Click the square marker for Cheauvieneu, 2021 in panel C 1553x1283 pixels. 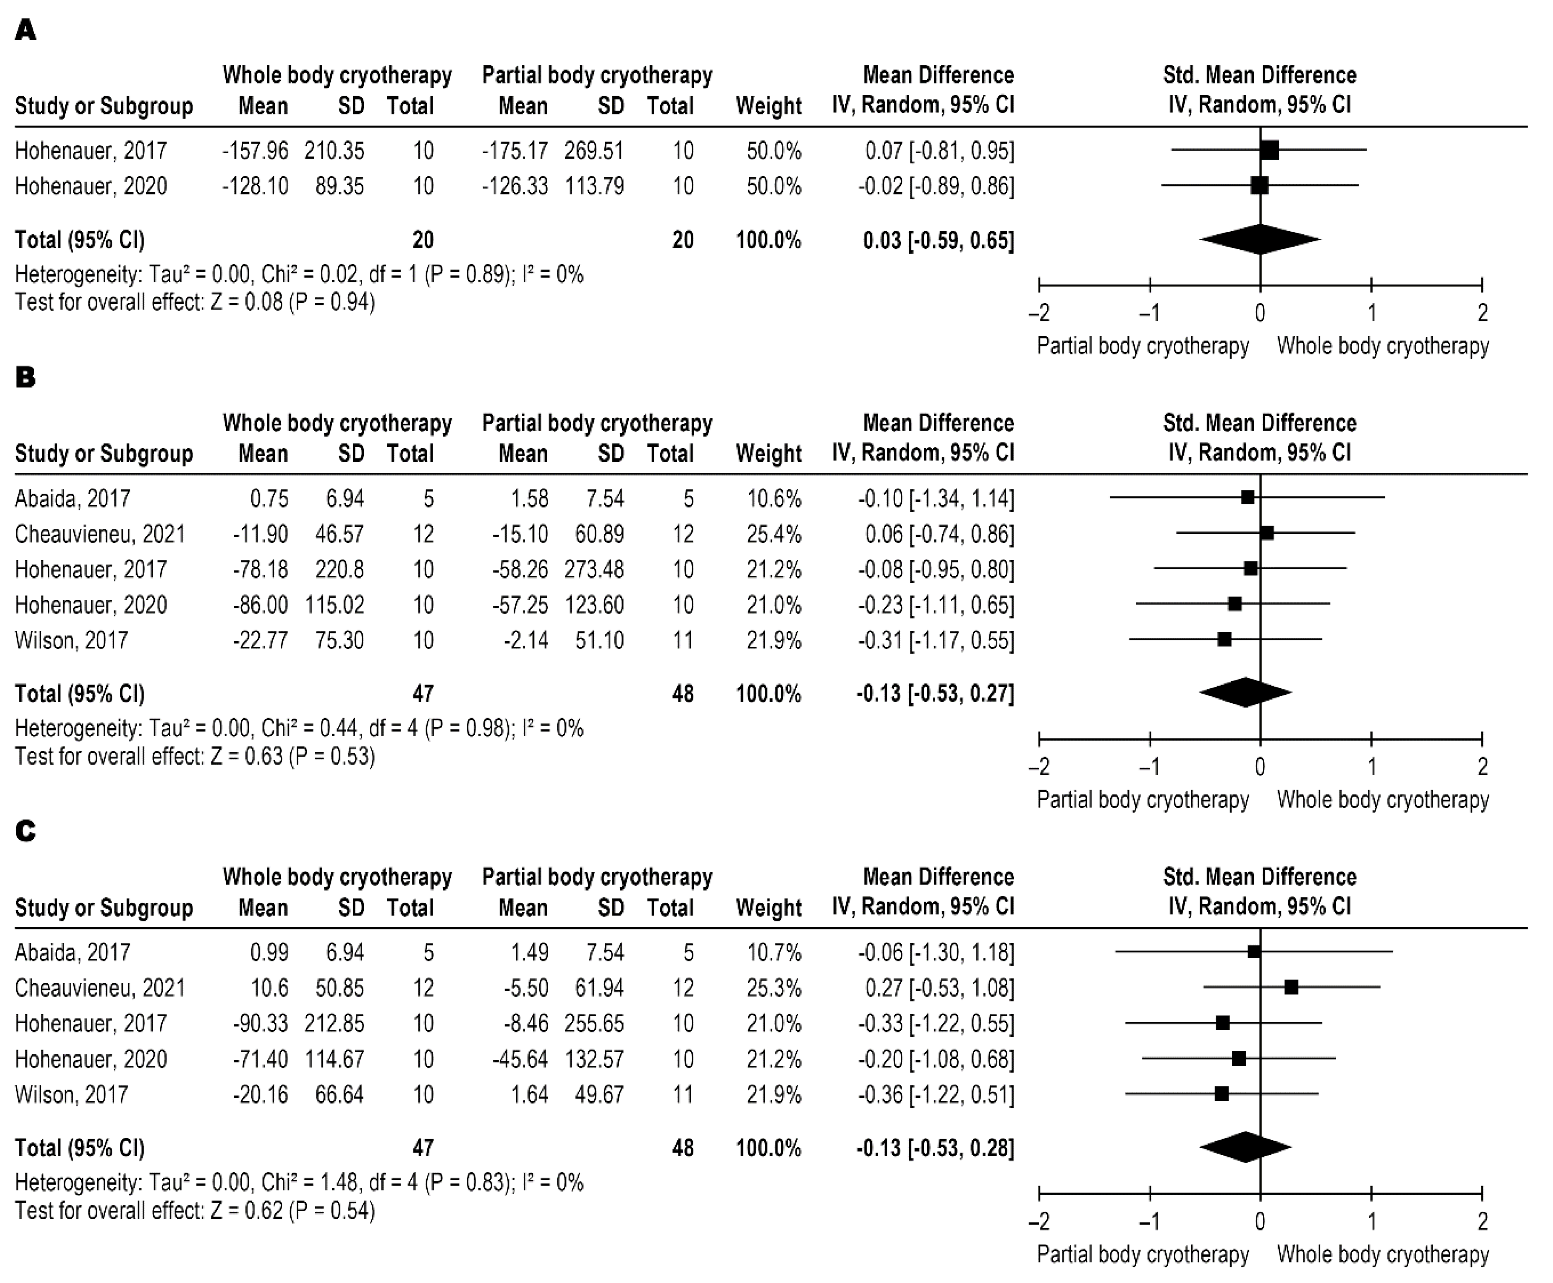tap(1291, 987)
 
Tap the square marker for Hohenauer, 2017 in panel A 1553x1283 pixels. tap(1269, 150)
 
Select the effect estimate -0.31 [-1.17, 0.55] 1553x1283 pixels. tap(935, 640)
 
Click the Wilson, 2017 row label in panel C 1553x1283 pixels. tap(72, 1095)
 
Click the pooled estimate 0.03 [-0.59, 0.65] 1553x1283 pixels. tap(938, 240)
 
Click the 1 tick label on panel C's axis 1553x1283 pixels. tap(1371, 1221)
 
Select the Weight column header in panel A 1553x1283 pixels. tap(768, 106)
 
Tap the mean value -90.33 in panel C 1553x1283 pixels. tap(260, 1024)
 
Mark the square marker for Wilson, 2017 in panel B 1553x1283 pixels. tap(1224, 639)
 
